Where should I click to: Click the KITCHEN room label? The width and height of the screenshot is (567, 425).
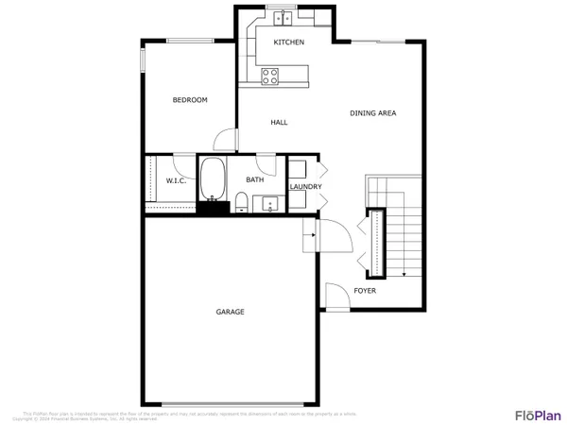[x=288, y=43]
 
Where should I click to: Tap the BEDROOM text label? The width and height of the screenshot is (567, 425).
[x=189, y=100]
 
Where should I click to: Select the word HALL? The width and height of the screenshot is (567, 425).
[x=279, y=123]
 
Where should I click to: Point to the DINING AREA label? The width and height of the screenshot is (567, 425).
[x=372, y=113]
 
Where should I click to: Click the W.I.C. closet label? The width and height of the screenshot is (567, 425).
[x=175, y=180]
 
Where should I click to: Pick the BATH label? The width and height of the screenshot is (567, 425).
[x=255, y=179]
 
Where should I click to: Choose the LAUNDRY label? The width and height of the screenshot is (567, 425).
[x=306, y=187]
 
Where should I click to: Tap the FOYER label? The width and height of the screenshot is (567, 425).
[x=365, y=291]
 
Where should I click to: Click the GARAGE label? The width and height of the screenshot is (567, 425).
[x=230, y=312]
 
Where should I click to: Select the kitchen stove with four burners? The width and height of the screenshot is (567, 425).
[x=269, y=76]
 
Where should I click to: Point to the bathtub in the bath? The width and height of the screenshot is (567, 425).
[x=213, y=179]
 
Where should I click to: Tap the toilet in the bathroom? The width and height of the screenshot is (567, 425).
[x=241, y=201]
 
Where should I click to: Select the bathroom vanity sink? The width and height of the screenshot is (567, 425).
[x=269, y=203]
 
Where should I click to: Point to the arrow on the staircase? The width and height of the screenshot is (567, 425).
[x=404, y=272]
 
